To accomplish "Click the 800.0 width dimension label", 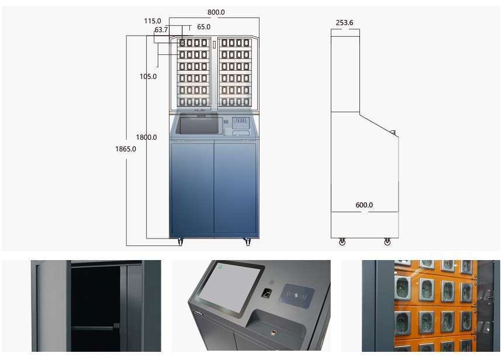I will (216, 12).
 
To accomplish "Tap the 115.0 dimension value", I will (153, 21).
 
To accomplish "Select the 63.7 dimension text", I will (161, 30).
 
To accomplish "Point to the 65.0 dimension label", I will (203, 27).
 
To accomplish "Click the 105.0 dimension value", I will (148, 77).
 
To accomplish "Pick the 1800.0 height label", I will (146, 137).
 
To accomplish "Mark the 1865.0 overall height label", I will (126, 149).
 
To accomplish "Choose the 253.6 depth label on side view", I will (344, 23).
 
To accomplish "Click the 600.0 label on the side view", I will (364, 205).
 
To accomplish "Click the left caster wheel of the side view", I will (342, 241).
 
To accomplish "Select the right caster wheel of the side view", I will (387, 241).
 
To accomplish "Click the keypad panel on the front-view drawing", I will (240, 123).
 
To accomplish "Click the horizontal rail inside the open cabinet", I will (94, 326).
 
